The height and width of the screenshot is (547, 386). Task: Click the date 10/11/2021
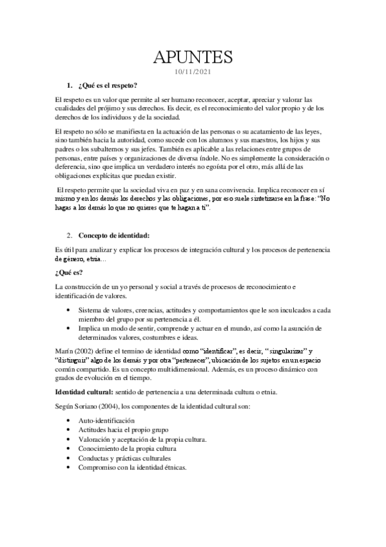pos(193,72)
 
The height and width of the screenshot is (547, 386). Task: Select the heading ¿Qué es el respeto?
pos(107,86)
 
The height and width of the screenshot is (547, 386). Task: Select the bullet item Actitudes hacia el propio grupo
pos(126,430)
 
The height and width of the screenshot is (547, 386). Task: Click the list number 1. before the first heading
pos(71,86)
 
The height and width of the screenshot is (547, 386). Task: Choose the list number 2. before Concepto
pos(71,234)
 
